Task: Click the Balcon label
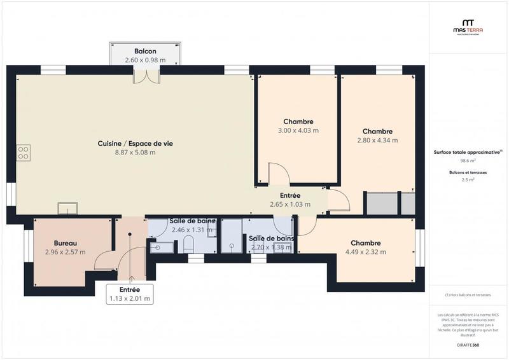pos(145,52)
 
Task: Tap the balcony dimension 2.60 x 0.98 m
pos(145,60)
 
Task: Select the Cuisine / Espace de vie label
pos(135,144)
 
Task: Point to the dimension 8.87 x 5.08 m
pos(135,152)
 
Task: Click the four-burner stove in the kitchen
pos(23,152)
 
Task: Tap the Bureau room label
pos(65,244)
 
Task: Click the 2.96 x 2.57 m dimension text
pos(65,252)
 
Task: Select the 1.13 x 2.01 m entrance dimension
pos(130,298)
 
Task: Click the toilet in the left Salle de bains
pos(188,244)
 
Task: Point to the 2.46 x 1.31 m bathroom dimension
pos(192,230)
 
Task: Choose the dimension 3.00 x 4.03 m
pos(298,130)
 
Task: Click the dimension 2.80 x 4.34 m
pos(377,141)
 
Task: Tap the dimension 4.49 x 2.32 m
pos(365,252)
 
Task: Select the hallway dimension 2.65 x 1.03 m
pos(290,204)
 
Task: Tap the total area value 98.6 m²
pos(468,161)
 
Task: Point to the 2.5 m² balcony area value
pos(468,180)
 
